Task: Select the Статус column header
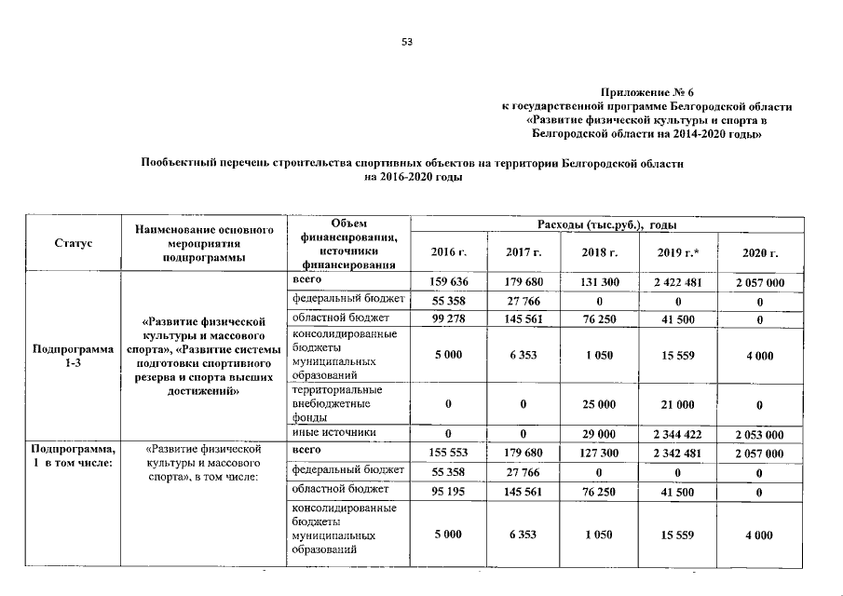click(x=72, y=243)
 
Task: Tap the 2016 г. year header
click(x=448, y=252)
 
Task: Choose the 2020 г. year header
click(x=759, y=252)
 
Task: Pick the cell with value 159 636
click(x=448, y=281)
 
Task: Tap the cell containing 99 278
click(x=448, y=319)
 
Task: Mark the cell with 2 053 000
click(x=759, y=434)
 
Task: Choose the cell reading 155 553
click(x=448, y=452)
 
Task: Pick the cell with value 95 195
click(x=448, y=491)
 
